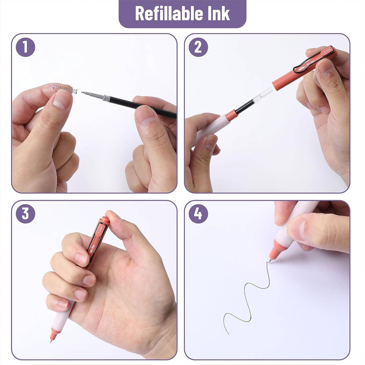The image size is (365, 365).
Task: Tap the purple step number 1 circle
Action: (x=25, y=47)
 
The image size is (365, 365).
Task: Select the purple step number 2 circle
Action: (x=198, y=47)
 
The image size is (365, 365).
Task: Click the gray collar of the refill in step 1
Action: (x=107, y=97)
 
